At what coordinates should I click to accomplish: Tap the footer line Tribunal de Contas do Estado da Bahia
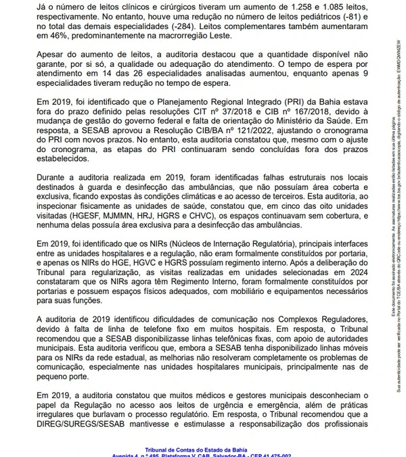pyautogui.click(x=202, y=448)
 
